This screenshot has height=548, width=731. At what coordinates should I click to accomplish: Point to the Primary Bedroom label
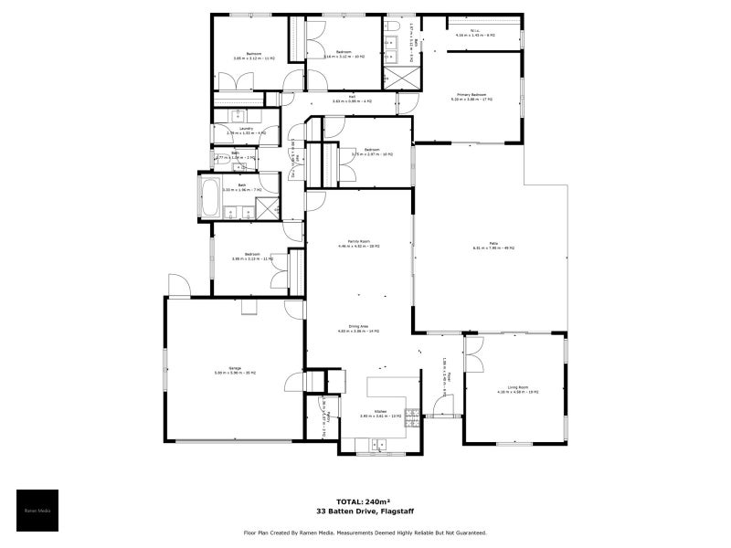(471, 96)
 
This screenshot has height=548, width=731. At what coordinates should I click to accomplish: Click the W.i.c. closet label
(475, 34)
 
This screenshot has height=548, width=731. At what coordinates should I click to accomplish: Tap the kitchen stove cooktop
(412, 419)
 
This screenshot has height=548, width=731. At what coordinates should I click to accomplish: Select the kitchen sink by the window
(376, 445)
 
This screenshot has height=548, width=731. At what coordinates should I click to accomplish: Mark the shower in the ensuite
(398, 77)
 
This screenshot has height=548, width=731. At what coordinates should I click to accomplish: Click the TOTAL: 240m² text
(365, 501)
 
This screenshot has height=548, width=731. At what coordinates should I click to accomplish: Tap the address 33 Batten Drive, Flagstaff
(365, 511)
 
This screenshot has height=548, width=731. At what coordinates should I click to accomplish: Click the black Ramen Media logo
(37, 511)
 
